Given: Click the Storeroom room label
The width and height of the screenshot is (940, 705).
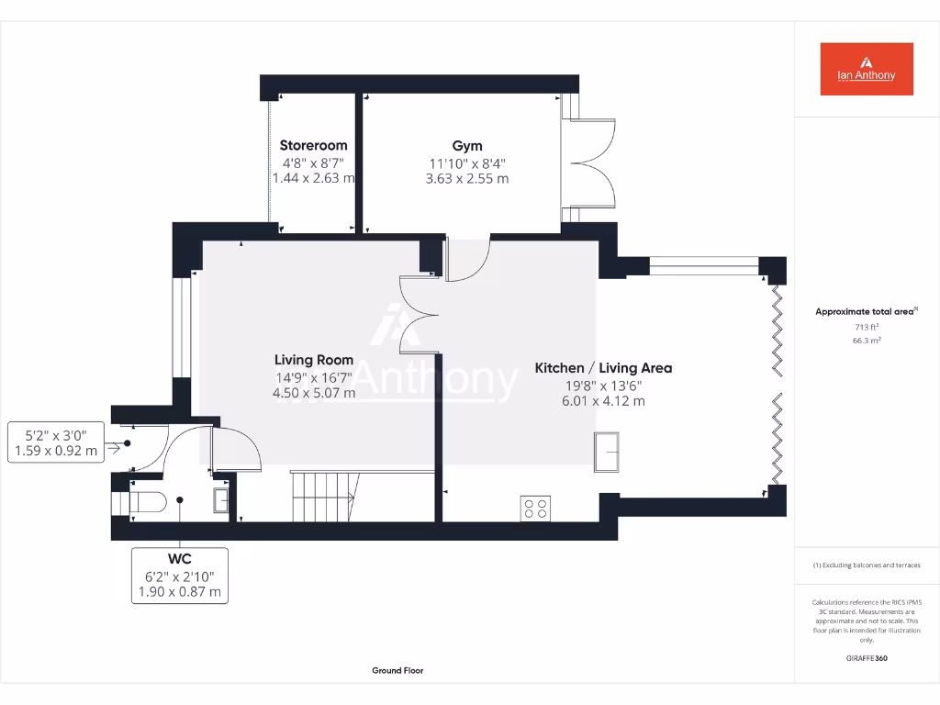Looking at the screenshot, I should point(313,145).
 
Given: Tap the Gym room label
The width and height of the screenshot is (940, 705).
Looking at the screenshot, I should point(466,145).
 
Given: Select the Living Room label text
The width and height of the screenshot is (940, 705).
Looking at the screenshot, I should point(314,360).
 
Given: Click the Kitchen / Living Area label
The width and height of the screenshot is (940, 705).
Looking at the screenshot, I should point(603,368).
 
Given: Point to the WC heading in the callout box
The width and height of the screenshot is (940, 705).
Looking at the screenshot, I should point(179,558).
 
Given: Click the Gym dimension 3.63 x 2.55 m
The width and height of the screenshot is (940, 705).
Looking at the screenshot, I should point(466,179).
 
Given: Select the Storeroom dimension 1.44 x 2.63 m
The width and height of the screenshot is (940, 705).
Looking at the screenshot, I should point(313,178).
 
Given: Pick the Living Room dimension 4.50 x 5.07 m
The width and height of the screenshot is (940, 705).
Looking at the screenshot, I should point(314,393).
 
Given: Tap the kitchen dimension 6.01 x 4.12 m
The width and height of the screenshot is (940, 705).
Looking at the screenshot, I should point(603,401).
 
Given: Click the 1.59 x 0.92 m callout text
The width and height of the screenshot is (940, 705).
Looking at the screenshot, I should point(54,451).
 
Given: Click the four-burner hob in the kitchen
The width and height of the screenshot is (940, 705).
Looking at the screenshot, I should point(536,508).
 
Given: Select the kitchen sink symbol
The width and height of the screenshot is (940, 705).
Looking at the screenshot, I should point(606,452).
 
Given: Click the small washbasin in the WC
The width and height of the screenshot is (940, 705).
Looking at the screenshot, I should point(221,500).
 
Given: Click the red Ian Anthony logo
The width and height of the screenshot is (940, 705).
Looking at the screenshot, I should point(866,69).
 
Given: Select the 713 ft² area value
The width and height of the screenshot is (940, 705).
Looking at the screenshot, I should point(866,327).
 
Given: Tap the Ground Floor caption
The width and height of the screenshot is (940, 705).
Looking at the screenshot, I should point(397,671).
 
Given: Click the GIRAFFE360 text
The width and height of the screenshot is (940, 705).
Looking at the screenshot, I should point(866,658).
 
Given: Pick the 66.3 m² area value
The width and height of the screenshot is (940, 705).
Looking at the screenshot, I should point(866,341).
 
